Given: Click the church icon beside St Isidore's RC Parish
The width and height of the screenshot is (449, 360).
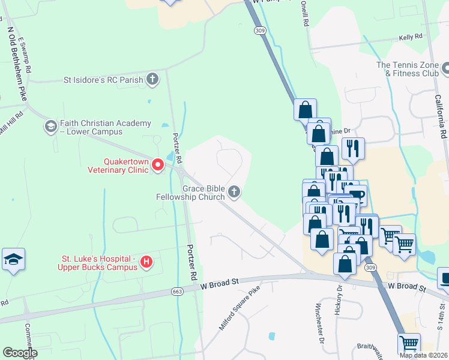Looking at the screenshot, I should (x=153, y=79).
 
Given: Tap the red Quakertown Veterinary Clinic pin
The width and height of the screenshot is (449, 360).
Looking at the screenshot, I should (x=158, y=164).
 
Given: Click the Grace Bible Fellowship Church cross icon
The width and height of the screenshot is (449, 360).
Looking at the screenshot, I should (x=234, y=192).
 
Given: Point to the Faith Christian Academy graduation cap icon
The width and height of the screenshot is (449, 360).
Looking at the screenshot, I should (x=50, y=127).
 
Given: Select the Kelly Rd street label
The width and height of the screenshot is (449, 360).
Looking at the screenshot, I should (x=411, y=37).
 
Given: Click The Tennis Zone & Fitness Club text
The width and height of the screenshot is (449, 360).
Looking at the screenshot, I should (x=408, y=69).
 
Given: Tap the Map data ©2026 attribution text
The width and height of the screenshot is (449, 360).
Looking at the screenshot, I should (x=423, y=355).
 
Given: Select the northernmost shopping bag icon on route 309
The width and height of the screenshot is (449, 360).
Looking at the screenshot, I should (x=306, y=109).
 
